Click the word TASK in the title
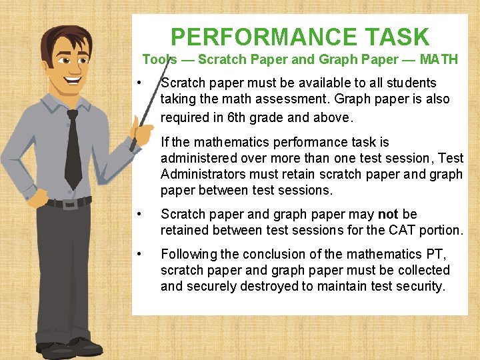(x=398, y=37)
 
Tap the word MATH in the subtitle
(x=439, y=59)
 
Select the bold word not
(x=389, y=215)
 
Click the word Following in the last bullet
(x=189, y=254)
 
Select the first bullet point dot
(x=137, y=83)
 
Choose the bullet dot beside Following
(x=137, y=254)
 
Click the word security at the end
(x=419, y=287)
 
